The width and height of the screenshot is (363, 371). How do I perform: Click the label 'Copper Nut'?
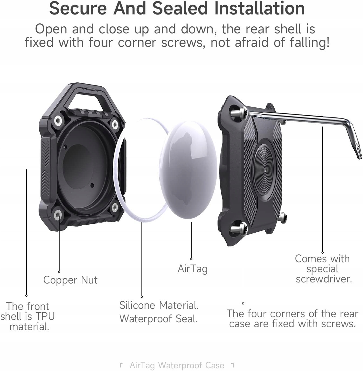(70, 280)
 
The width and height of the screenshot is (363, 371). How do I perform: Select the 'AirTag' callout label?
(192, 269)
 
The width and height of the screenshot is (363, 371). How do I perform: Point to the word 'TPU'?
(45, 316)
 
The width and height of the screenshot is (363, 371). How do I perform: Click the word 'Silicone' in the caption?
(137, 305)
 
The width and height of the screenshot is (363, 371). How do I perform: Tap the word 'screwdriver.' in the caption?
(324, 279)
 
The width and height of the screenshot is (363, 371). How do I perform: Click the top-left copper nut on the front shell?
(58, 121)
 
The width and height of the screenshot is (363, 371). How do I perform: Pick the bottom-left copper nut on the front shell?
(57, 215)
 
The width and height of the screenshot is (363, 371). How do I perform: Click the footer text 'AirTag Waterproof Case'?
(177, 365)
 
